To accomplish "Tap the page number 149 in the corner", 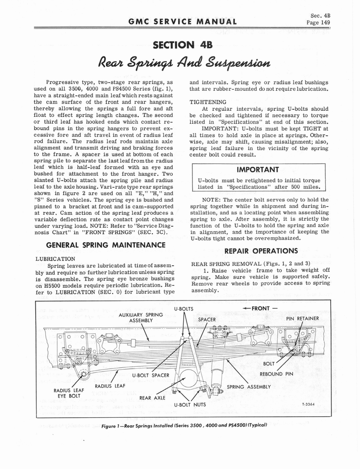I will tap(319, 22).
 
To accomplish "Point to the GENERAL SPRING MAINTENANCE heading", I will tap(100, 245).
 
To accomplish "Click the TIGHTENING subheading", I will tap(208, 102).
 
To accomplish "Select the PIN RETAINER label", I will tap(302, 318).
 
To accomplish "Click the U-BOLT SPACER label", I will tap(151, 376).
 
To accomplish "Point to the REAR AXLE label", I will tap(153, 398).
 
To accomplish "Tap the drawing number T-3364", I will tap(310, 404).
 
